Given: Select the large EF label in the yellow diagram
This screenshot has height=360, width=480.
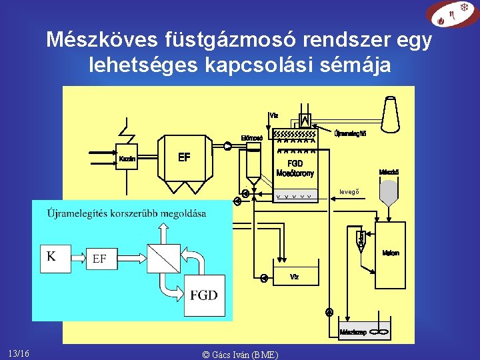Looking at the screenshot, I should pyautogui.click(x=185, y=158).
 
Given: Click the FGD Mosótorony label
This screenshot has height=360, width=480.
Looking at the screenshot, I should pyautogui.click(x=295, y=169).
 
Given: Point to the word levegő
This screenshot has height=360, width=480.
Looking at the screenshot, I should pyautogui.click(x=349, y=193).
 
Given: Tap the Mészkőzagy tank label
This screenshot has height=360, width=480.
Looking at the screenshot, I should pyautogui.click(x=353, y=331).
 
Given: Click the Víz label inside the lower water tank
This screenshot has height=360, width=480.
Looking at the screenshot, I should pyautogui.click(x=295, y=276).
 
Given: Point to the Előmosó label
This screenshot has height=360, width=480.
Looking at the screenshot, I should pyautogui.click(x=251, y=139).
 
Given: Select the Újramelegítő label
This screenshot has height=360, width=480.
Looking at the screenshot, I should pyautogui.click(x=350, y=133).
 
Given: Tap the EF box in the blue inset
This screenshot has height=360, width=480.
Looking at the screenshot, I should pyautogui.click(x=100, y=258).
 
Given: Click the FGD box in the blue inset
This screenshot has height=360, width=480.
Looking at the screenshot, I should pyautogui.click(x=203, y=295).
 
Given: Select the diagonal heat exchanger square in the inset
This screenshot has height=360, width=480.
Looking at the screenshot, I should pyautogui.click(x=162, y=257).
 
